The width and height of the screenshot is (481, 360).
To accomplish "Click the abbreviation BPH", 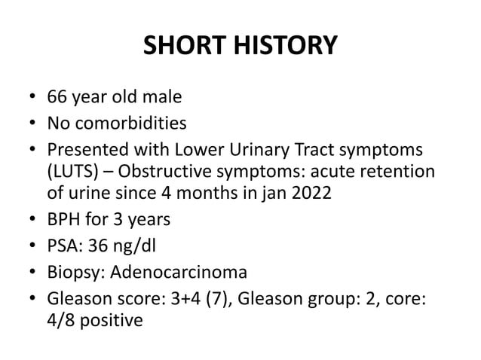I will [65, 221].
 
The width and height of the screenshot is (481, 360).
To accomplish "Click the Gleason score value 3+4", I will [197, 294].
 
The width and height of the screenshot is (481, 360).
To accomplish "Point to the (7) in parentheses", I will [230, 294].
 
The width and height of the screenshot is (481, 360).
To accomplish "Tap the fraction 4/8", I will [61, 319].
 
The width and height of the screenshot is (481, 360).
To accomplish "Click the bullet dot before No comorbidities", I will [34, 122].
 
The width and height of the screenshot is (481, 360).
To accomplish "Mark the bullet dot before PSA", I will [34, 246].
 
